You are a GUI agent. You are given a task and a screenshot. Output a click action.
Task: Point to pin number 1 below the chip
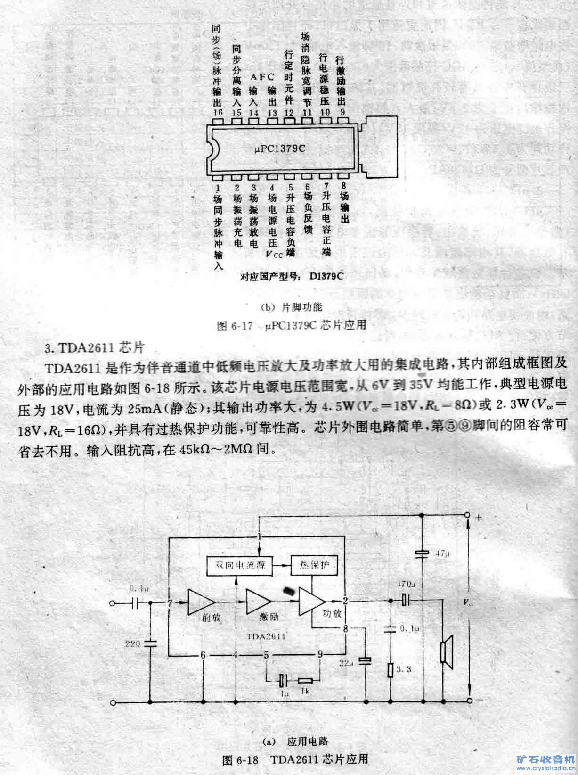pyautogui.click(x=217, y=187)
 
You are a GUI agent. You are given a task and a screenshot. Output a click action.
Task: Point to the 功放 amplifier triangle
pyautogui.click(x=311, y=602)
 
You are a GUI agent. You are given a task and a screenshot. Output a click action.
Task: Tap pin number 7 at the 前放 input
pyautogui.click(x=170, y=602)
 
